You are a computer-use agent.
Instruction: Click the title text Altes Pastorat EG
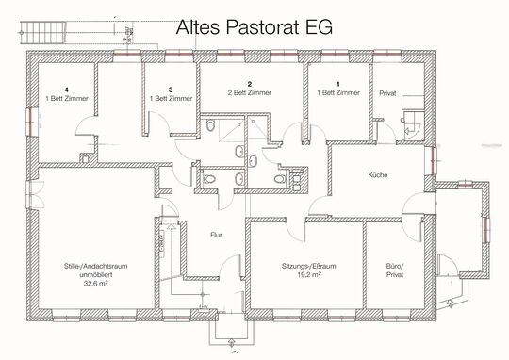[x=254, y=28]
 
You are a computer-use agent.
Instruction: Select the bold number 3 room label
[x=171, y=89]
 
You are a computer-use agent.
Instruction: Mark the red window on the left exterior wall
[x=29, y=121]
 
